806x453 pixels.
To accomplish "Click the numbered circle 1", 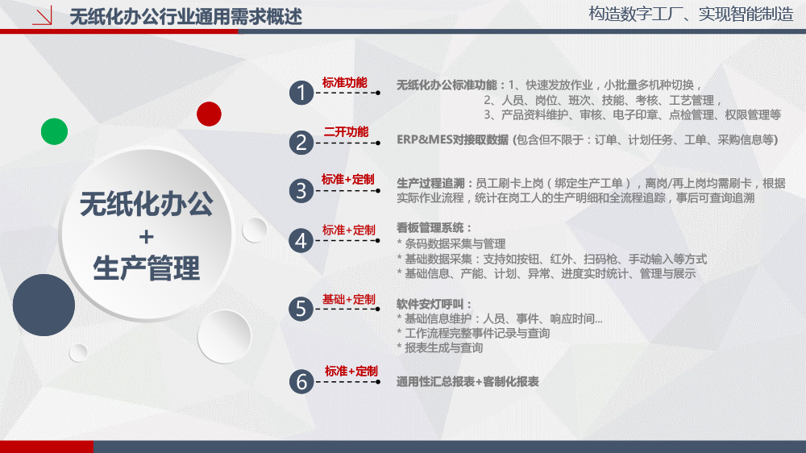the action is tap(301, 93).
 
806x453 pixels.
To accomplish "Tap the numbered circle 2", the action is tap(301, 143).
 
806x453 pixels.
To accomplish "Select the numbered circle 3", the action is tap(301, 191).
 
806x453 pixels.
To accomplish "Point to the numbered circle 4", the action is tap(301, 241).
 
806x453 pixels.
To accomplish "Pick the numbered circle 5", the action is tap(301, 309).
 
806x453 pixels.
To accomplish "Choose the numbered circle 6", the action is tap(301, 382).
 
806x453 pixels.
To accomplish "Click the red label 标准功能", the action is tap(345, 83).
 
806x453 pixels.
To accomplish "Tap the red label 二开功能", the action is tap(346, 132).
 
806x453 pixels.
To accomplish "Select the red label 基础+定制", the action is tap(349, 299).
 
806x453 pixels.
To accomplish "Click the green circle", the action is tap(55, 131).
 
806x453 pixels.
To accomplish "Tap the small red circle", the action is tap(210, 114).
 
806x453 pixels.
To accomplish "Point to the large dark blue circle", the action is tap(44, 305).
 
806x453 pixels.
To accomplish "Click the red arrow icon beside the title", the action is tap(42, 16).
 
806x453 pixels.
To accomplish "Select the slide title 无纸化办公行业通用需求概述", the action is tap(185, 17).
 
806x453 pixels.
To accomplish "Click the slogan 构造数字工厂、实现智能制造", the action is tap(691, 14).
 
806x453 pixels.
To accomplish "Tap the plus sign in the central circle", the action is tap(147, 236).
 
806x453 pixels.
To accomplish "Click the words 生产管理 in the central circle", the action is tap(147, 268).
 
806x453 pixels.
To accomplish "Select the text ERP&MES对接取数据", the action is tap(452, 140).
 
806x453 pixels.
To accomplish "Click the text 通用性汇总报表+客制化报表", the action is tap(467, 381).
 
